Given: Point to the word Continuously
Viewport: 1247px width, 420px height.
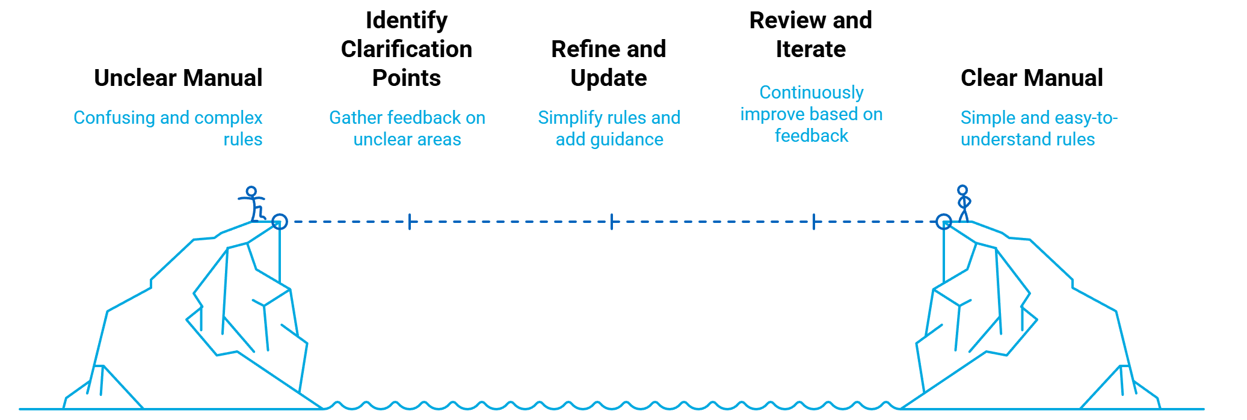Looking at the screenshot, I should coord(811,93).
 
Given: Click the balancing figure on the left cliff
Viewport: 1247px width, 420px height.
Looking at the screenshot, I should coord(253,204).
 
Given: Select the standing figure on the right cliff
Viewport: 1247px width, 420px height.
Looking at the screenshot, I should coord(963,204).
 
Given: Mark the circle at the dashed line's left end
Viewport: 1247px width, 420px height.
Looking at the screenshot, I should coord(279,222).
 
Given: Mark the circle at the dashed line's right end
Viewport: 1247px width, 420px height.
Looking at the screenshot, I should coord(944,222).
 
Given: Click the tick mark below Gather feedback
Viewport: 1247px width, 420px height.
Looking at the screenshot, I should coord(410,222).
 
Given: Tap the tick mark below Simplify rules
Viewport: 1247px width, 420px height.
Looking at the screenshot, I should coord(611,222).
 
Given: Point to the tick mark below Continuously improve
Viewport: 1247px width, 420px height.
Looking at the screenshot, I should coord(813,222).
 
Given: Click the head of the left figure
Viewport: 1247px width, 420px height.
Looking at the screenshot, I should coord(251,191).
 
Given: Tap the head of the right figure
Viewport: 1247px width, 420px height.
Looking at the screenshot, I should coord(962,190).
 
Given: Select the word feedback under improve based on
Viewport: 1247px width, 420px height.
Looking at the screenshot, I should coord(811,136).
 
